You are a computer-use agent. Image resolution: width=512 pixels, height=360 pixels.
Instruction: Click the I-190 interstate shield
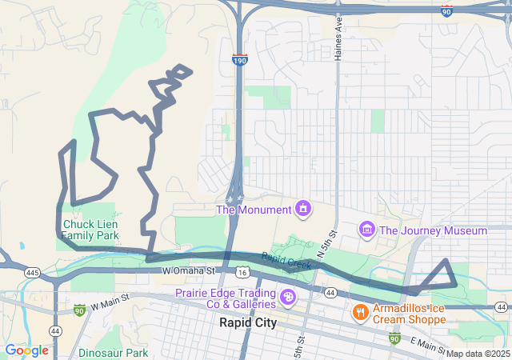240,59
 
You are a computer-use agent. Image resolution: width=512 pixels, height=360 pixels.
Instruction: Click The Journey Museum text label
433,230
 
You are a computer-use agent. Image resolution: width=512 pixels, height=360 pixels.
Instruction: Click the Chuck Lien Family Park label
90,230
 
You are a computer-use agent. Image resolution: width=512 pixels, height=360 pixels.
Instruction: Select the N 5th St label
328,242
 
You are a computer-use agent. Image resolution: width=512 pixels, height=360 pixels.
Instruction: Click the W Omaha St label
189,271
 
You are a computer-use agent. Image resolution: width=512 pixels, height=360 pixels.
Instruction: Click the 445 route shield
32,273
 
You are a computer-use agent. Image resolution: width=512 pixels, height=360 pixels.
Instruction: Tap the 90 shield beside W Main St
78,309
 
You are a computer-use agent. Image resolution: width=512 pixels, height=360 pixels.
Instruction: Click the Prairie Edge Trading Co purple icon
287,298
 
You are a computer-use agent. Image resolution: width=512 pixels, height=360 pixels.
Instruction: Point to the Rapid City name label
248,323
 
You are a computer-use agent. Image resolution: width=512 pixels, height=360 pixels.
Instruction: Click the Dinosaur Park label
114,352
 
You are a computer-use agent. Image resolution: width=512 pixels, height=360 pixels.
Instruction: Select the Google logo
26,350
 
